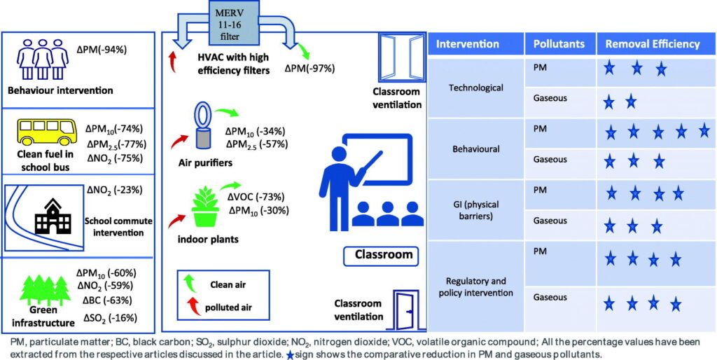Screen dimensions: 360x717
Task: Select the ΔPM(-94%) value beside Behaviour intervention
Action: (105, 50)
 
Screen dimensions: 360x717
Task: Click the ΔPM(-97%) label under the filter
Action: (310, 69)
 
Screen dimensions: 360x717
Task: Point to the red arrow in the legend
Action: (188, 307)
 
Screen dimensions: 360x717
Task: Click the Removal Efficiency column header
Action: (653, 43)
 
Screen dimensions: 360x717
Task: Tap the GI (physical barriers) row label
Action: (475, 210)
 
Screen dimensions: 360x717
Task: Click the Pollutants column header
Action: (559, 43)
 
